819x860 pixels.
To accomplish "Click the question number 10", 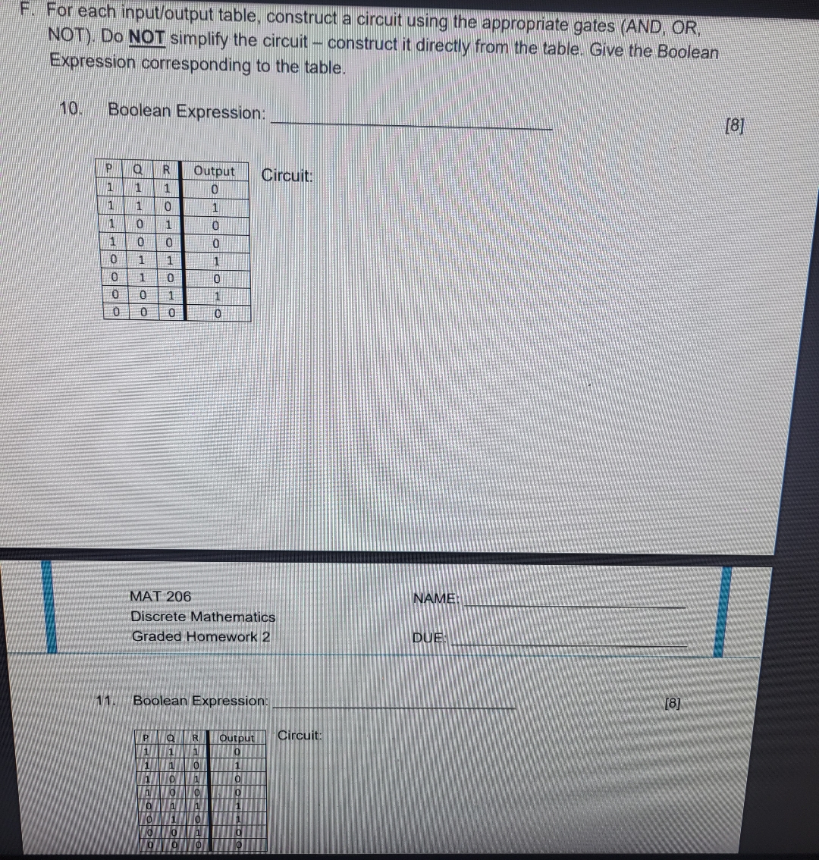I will pos(71,108).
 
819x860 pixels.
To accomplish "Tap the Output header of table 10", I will pos(215,171).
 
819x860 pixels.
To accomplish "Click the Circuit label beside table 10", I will pos(287,176).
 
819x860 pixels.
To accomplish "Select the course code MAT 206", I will pos(161,597).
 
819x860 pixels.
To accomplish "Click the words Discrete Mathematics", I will pos(203,617).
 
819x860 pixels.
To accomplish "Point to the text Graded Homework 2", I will pos(201,636).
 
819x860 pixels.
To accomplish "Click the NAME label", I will pos(436,599).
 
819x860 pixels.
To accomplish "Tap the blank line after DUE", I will pos(569,644).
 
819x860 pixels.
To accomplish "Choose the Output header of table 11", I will pos(237,738).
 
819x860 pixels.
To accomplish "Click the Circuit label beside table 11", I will pos(300,735).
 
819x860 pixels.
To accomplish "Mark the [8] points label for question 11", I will pos(672,703).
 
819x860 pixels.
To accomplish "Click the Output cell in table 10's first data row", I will pos(215,188).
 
